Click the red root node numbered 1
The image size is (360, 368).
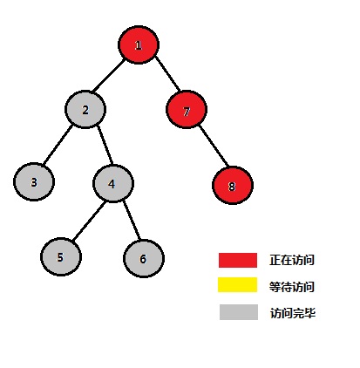point(139,44)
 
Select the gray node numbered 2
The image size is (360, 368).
point(85,110)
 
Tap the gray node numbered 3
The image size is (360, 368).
point(34,182)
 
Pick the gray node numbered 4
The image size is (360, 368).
point(113,183)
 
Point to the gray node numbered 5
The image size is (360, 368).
point(61,257)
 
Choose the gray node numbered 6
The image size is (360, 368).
point(144,258)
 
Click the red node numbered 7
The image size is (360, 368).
point(187,110)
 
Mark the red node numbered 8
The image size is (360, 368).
point(233,186)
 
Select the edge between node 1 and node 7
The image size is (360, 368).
point(167,73)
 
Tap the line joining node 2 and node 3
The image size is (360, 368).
point(58,145)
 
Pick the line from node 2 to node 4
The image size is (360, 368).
point(105,145)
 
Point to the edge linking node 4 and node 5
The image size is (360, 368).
point(89,221)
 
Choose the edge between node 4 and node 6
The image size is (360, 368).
point(132,221)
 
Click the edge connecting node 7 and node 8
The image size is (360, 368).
point(214,147)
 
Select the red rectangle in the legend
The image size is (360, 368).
point(238,260)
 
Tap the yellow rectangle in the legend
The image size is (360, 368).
point(238,284)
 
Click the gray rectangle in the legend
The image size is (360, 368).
point(239,312)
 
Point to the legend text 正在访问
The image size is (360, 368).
point(292,260)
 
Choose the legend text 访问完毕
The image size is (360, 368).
point(293,313)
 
